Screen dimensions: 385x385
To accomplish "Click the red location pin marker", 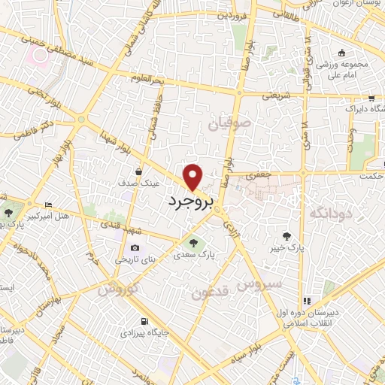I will pos(194,177).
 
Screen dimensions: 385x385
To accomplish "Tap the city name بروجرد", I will pos(189,202).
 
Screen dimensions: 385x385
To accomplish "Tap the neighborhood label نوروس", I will pos(119,289).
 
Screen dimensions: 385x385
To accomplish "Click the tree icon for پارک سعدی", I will pos(192,242).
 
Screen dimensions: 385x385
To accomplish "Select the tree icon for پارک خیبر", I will pos(285,235).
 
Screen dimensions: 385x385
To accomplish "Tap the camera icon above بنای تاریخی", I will pos(135,247).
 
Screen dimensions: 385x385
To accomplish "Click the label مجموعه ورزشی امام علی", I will pos(344,68).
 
